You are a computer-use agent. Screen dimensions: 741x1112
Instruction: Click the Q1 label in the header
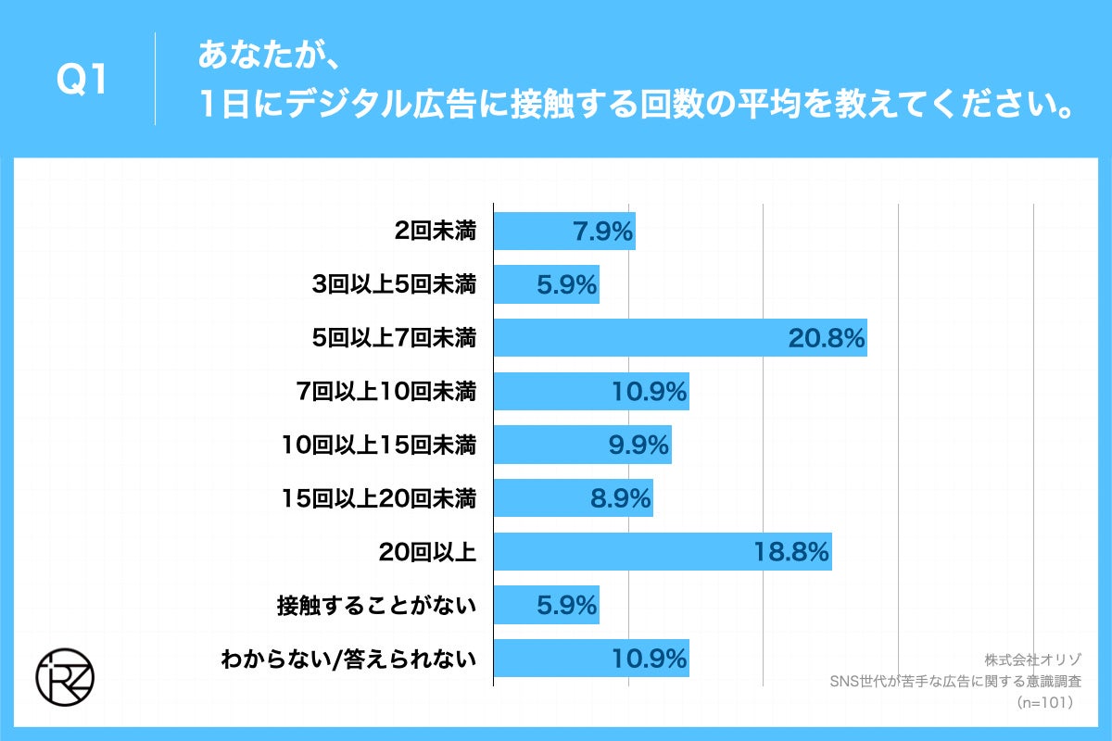coord(82,81)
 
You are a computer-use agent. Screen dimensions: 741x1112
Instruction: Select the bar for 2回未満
coord(563,231)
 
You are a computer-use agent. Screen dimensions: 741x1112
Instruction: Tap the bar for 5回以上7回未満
coord(679,338)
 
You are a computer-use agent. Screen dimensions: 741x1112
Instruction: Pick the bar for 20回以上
coord(662,553)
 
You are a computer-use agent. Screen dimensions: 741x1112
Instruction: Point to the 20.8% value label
coord(827,339)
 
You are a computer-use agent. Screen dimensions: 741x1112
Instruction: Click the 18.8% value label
coord(790,553)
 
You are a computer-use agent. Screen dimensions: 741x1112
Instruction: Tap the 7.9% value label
coord(602,232)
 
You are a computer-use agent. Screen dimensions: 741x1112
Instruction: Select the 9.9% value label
coord(638,446)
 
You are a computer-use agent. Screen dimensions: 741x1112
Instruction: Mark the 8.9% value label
coord(621,500)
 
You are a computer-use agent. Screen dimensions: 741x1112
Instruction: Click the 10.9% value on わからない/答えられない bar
coord(649,659)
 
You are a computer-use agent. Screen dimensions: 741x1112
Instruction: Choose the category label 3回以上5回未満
coord(394,285)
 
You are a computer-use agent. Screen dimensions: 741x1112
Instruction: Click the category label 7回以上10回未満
coord(385,393)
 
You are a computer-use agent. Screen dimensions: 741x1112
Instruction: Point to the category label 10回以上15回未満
coord(380,446)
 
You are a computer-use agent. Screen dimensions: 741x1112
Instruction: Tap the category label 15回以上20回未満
coord(380,500)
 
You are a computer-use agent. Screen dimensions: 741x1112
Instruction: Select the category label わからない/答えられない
coord(348,659)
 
